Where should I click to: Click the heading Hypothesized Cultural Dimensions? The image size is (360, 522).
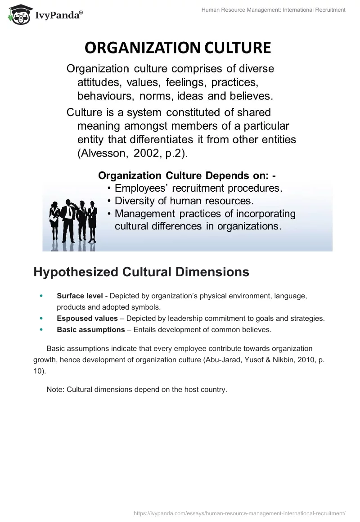(141, 272)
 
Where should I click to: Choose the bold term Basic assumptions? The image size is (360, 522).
(90, 330)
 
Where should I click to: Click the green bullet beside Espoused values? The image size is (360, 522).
(42, 319)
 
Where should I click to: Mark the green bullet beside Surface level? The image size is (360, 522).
(42, 296)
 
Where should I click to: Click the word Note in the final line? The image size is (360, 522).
(55, 390)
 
